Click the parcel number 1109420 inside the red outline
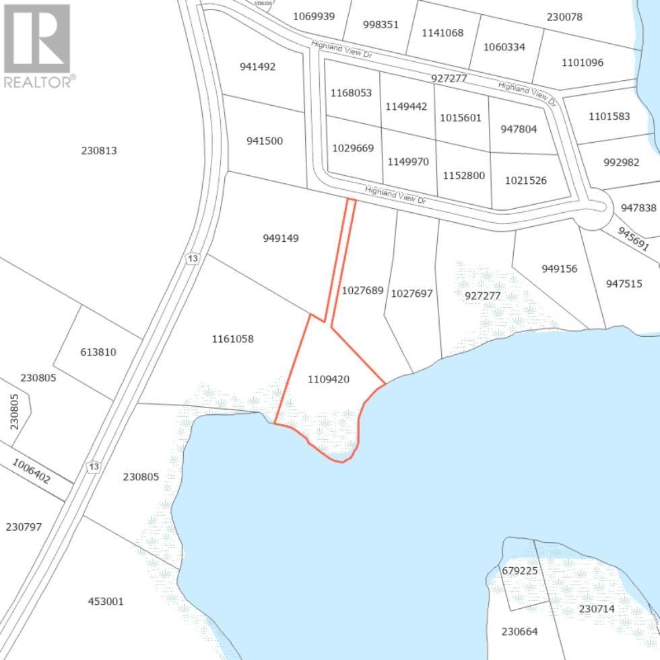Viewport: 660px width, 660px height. (329, 379)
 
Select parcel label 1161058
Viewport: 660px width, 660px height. (232, 339)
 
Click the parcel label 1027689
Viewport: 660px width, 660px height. (362, 291)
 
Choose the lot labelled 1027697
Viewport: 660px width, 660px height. (411, 293)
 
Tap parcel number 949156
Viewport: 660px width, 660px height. (559, 269)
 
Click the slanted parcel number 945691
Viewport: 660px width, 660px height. (633, 239)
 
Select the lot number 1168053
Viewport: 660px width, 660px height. (351, 93)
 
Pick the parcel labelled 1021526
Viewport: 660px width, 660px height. (526, 180)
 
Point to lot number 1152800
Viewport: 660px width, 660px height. (463, 176)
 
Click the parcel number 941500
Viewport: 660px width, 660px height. (264, 141)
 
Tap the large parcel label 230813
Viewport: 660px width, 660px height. (99, 150)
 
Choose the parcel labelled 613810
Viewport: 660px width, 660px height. (98, 352)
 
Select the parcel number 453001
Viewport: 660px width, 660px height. (106, 601)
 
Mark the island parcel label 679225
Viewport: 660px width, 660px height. (520, 570)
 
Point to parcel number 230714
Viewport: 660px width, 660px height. (597, 609)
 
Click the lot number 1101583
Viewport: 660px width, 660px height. (609, 116)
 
